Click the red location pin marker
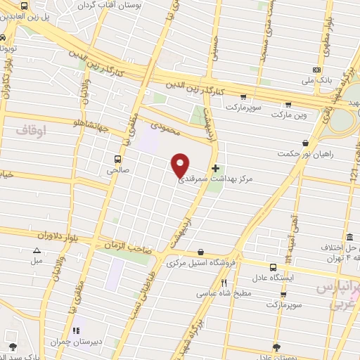tap(181, 165)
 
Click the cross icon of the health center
tap(215, 169)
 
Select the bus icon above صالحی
tap(117, 158)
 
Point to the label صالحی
tap(115, 170)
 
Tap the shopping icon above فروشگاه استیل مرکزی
tap(201, 252)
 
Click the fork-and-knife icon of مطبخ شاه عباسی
tap(224, 283)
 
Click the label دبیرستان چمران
tap(72, 342)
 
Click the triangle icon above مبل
tap(37, 250)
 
